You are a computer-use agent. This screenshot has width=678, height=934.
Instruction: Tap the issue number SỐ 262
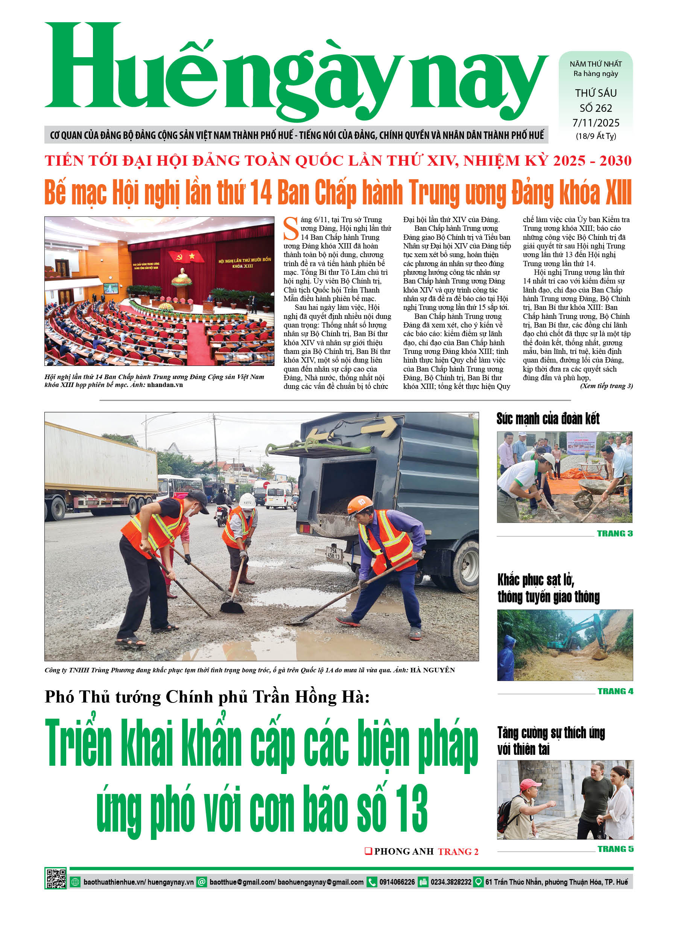click(595, 108)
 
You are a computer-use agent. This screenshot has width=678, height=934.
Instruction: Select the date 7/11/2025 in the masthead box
click(595, 123)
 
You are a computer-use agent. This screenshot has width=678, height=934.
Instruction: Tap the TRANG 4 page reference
click(615, 692)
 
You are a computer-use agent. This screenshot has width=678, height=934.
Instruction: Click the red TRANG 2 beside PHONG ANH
click(458, 852)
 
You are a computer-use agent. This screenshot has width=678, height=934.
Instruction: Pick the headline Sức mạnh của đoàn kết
click(547, 419)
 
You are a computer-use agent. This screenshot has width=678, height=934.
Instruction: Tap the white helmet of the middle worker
click(248, 500)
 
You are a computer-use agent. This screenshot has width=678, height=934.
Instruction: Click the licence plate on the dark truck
click(333, 553)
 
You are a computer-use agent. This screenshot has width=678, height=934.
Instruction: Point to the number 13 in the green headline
click(410, 808)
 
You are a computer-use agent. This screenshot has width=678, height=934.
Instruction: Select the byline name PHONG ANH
click(404, 852)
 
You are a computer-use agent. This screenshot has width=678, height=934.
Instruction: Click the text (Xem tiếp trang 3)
click(606, 386)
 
